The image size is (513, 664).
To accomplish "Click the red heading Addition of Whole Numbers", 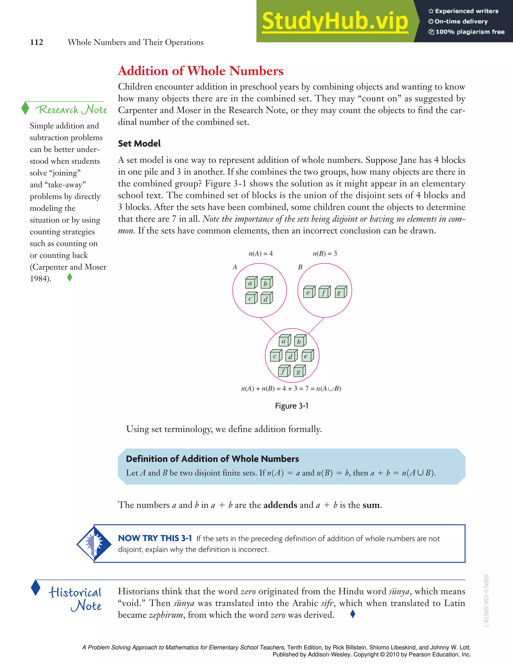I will tap(201, 71).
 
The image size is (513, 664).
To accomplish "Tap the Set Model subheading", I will tap(139, 144).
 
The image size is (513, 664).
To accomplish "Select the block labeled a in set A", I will tap(251, 283).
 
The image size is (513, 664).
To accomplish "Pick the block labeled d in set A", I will tap(267, 298).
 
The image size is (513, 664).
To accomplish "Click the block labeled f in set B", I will tap(325, 292).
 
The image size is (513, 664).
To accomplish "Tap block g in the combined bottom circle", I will tap(299, 371).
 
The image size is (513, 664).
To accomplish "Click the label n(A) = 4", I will tap(261, 254).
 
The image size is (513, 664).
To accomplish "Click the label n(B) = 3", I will tap(325, 254).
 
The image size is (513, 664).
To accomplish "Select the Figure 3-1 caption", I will tap(292, 406).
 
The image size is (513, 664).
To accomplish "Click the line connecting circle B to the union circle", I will tap(316, 325).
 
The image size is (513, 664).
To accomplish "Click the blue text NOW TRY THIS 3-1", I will tap(155, 538).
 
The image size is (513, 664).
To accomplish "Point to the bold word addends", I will tap(280, 505).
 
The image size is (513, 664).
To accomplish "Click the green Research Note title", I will tap(71, 109).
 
